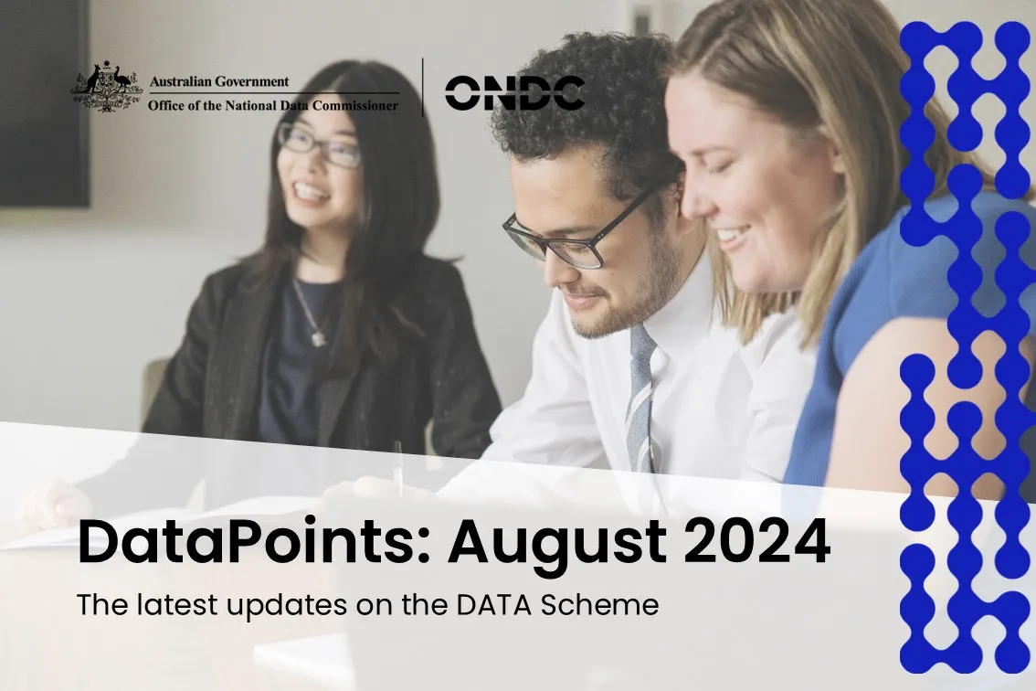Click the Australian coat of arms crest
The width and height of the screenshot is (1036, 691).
point(106,87)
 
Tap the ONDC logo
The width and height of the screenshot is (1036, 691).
point(514,92)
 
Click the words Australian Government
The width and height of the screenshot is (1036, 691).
point(219,81)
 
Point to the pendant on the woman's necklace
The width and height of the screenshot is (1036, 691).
point(319,338)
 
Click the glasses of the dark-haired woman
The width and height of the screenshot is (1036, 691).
point(319,144)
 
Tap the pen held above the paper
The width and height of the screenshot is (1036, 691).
point(397,466)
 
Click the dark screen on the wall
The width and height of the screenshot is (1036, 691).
point(44,102)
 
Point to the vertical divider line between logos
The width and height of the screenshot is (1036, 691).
point(423,87)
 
